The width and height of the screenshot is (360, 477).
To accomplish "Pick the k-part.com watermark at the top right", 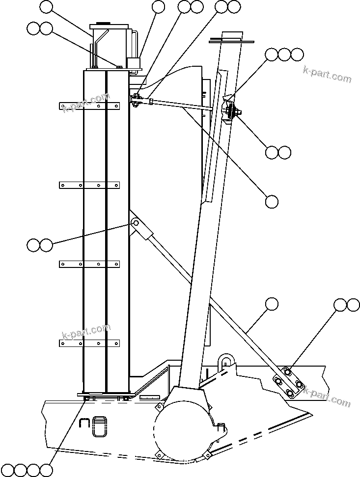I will [x=327, y=75].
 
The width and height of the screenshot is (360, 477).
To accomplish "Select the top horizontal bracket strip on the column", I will [x=89, y=106].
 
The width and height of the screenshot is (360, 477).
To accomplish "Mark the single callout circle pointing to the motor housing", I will [x=46, y=7].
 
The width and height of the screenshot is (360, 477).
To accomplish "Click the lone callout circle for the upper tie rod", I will [x=272, y=201].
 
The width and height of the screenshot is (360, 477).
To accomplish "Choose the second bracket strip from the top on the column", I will [x=89, y=185].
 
